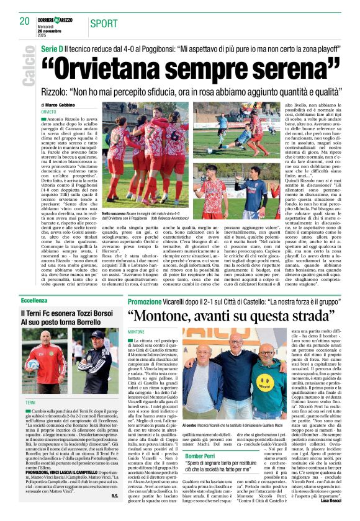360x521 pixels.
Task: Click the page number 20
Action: coord(24,21)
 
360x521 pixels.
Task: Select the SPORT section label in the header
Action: coord(102,23)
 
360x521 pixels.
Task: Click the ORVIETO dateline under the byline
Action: coord(49,112)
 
